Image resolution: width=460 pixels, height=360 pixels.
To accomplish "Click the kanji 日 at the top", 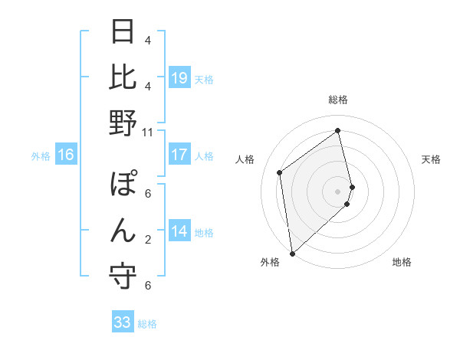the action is [123, 34].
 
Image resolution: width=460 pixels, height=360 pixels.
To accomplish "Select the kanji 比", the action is [123, 78].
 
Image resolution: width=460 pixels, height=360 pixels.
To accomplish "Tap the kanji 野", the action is [123, 123].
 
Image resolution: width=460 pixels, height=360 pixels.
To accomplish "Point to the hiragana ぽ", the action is [123, 186].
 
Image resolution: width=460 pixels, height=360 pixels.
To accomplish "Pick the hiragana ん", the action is [123, 231].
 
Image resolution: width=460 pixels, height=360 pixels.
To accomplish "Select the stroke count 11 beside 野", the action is [147, 132].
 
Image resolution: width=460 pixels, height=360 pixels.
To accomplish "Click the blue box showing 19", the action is [179, 78].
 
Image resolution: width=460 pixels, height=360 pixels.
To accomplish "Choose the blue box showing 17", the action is [179, 155].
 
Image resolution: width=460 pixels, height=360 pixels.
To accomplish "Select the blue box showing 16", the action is [65, 155].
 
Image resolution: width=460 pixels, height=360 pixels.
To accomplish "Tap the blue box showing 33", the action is [123, 322].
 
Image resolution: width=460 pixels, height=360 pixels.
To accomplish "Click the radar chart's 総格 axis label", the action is [338, 100].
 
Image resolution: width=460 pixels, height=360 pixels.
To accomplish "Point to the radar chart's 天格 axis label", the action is [432, 159].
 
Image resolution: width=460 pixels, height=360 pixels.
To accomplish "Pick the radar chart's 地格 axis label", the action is [402, 262].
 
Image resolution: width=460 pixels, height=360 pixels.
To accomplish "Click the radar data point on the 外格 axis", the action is [292, 253].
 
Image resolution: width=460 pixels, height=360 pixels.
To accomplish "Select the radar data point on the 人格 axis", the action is [280, 172].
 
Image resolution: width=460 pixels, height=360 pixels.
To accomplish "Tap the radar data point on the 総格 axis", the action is [338, 131].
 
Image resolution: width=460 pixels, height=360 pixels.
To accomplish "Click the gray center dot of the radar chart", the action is [338, 191].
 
